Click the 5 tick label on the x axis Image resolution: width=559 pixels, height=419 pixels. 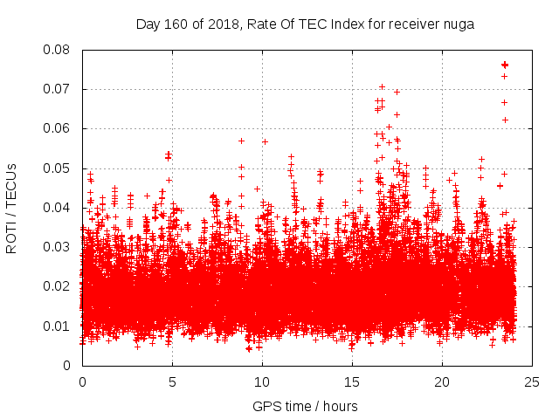172,382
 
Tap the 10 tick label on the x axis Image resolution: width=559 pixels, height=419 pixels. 262,382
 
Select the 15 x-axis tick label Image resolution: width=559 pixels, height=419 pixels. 352,382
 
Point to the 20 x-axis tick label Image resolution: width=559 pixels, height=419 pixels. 442,382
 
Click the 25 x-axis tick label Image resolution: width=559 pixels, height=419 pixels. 532,382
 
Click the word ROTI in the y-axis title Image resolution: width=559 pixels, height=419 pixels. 12,237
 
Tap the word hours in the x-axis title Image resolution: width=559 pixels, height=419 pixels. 338,406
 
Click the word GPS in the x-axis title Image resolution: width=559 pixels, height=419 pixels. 266,406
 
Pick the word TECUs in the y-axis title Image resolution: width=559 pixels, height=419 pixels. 12,186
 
